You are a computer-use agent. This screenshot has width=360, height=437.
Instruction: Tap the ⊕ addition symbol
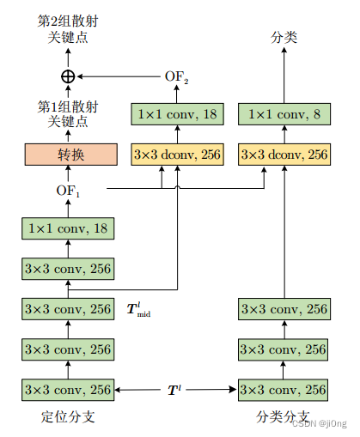click(68, 77)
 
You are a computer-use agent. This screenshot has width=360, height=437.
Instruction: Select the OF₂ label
click(177, 77)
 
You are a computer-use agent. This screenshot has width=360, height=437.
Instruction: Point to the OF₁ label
click(68, 189)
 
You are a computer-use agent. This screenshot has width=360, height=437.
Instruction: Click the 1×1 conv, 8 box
click(283, 114)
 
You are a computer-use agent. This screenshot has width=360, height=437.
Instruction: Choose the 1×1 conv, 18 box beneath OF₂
click(176, 114)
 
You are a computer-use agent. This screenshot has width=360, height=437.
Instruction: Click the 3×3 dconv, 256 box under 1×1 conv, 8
click(283, 155)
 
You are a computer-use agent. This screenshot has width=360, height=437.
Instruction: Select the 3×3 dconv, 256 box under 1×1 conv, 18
click(176, 155)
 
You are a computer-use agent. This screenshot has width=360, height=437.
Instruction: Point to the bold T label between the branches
click(174, 390)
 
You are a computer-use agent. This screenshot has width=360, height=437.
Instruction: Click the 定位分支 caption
click(65, 418)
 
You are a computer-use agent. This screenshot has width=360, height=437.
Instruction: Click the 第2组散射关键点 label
click(68, 29)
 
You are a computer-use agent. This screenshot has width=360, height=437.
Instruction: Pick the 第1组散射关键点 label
click(68, 114)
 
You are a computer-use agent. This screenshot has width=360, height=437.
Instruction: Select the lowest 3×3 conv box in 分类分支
click(283, 390)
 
